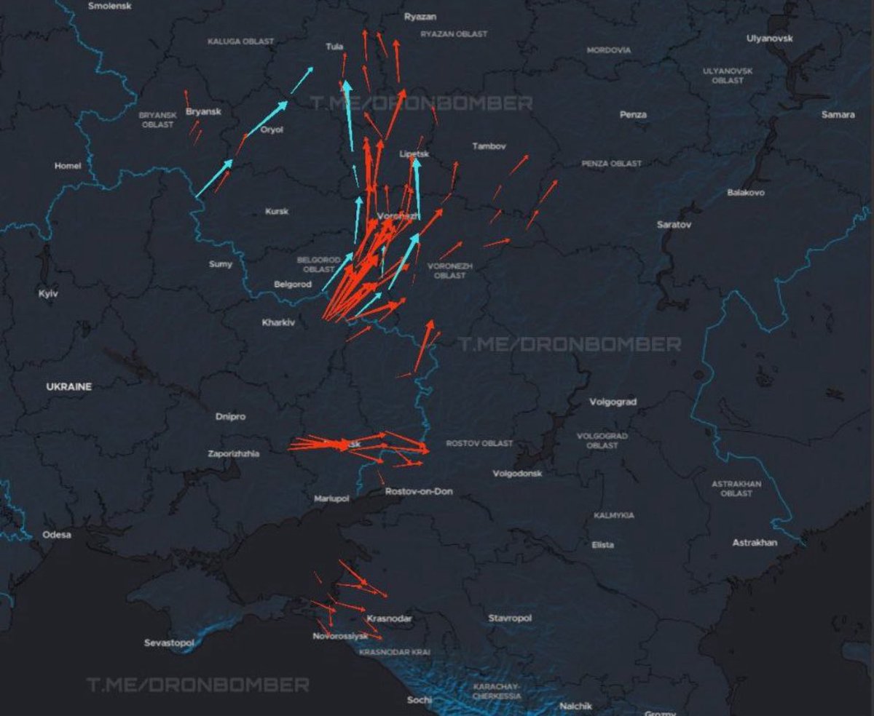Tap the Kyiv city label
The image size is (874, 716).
(47, 294)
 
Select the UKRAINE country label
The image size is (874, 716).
(69, 387)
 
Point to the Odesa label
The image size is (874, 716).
(57, 535)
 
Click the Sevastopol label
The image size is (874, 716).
(169, 643)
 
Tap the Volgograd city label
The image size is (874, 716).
(613, 402)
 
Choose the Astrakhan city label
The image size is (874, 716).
(755, 543)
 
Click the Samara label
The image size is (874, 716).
(838, 115)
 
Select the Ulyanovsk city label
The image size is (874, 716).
(769, 39)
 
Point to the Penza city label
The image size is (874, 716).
(633, 115)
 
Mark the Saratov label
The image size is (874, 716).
(674, 226)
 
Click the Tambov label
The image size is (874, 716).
(489, 146)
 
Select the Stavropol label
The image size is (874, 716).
(510, 618)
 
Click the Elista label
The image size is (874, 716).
(602, 545)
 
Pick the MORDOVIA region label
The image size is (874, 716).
(609, 50)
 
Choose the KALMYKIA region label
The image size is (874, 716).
(613, 515)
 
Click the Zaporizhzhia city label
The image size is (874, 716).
(233, 453)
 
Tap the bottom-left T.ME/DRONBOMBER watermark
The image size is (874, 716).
(197, 685)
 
